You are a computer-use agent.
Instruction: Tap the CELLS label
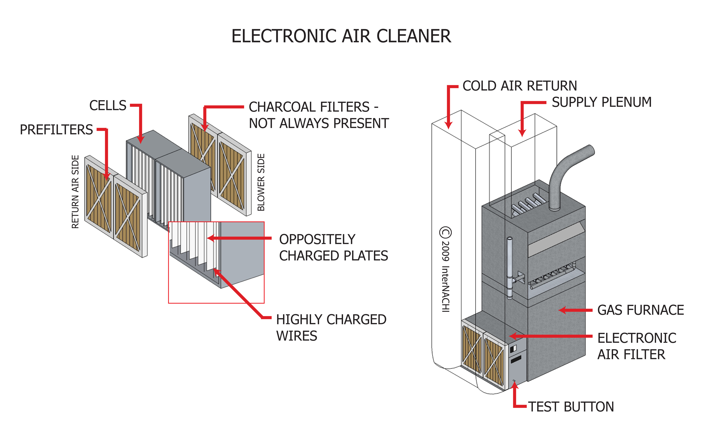[x=108, y=105]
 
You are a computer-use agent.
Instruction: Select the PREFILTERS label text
[x=56, y=130]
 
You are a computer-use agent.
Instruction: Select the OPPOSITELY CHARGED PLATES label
[x=333, y=248]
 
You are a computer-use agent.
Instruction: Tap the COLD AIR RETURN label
[x=519, y=86]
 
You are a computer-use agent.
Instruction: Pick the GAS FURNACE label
[x=640, y=310]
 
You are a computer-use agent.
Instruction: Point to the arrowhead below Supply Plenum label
[x=522, y=133]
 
